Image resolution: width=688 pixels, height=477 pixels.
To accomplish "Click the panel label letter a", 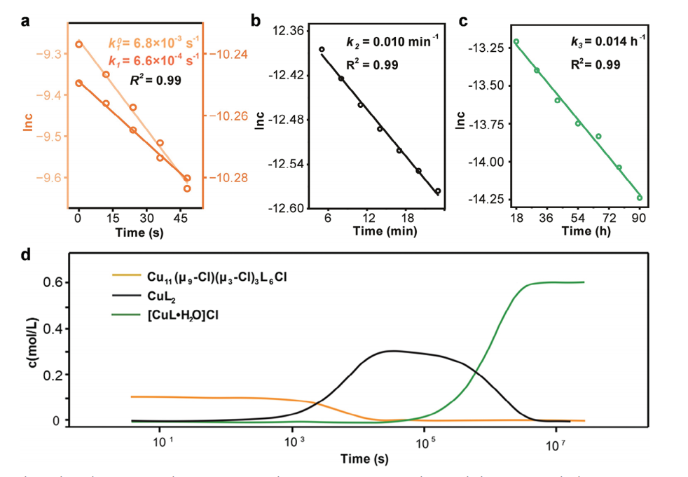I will tap(25, 20).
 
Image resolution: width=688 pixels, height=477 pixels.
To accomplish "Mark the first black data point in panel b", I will tap(322, 50).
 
